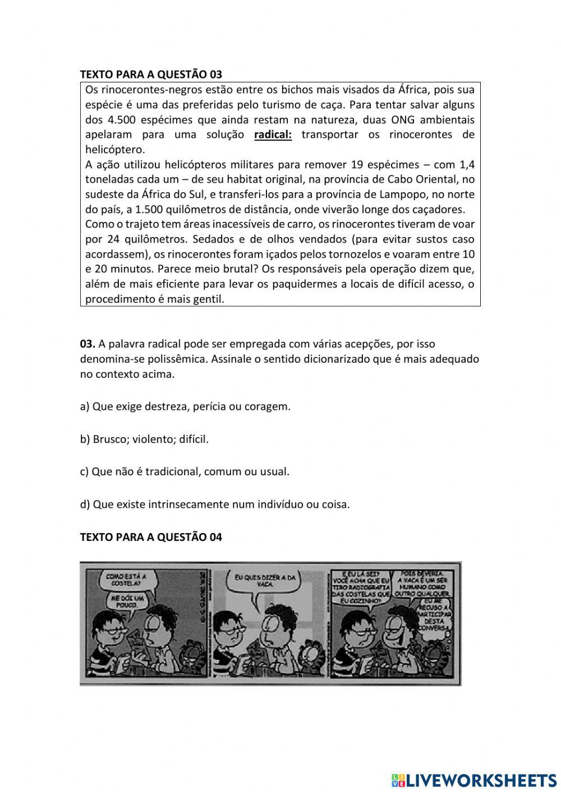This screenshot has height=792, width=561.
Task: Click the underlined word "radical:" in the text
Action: click(273, 135)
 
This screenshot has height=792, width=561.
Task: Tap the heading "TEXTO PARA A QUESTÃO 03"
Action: click(151, 75)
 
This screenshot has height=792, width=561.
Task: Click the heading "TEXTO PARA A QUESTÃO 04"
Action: click(151, 537)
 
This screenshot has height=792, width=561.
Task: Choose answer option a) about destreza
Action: click(185, 406)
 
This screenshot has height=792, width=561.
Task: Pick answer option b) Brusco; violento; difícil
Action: click(144, 439)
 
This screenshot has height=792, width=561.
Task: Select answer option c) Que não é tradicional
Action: click(185, 471)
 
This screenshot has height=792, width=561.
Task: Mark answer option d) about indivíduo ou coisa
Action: click(215, 504)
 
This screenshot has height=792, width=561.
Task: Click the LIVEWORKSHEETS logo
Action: click(474, 780)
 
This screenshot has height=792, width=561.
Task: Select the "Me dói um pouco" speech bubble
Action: click(122, 603)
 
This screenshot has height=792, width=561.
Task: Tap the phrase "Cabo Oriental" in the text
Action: click(414, 179)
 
